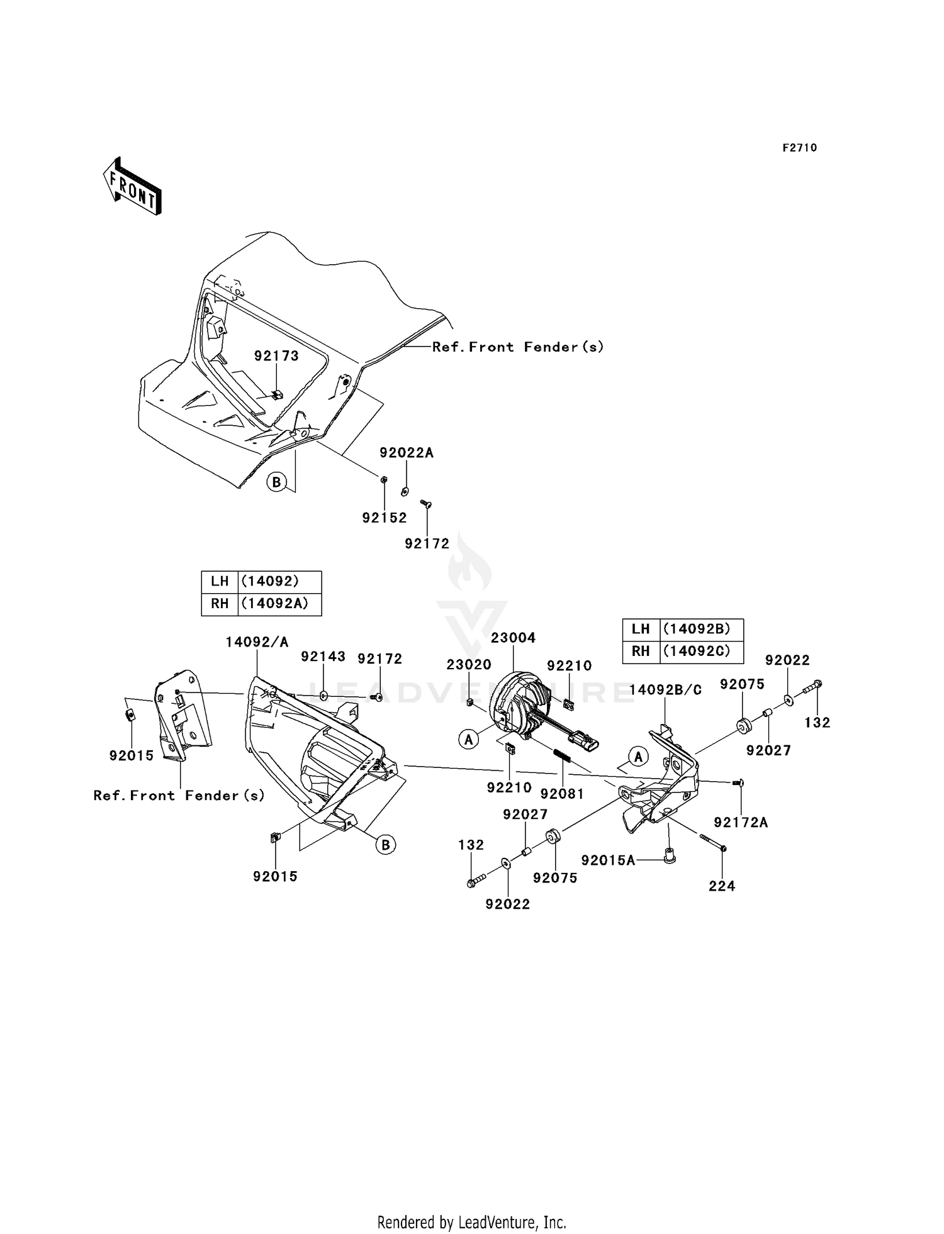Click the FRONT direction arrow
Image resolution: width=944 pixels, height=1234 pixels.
pos(132,186)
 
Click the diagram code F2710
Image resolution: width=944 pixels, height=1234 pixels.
pos(800,148)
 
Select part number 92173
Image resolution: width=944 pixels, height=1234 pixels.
pos(276,356)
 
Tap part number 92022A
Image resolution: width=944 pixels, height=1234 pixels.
pos(406,453)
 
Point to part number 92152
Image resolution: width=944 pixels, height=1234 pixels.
pos(384,518)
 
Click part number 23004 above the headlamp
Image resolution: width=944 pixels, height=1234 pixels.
pos(513,638)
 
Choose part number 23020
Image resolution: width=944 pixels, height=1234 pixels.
pos(469,665)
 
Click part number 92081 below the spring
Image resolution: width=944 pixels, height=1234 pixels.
pos(563,794)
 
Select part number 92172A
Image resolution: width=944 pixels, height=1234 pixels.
pos(741,823)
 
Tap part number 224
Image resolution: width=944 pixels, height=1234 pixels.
pos(722,886)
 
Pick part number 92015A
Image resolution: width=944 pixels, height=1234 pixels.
pos(608,860)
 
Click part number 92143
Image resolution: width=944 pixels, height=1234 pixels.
pos(323,657)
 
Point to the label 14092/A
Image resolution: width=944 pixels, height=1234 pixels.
pos(257,642)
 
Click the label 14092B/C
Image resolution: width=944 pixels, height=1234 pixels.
pos(665,689)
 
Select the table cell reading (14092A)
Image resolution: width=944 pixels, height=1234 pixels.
pos(274,603)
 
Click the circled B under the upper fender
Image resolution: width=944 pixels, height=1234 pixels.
pos(276,482)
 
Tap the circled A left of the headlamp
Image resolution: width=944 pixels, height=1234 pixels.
pos(468,740)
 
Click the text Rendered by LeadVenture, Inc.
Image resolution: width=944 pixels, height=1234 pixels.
pos(472,1221)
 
